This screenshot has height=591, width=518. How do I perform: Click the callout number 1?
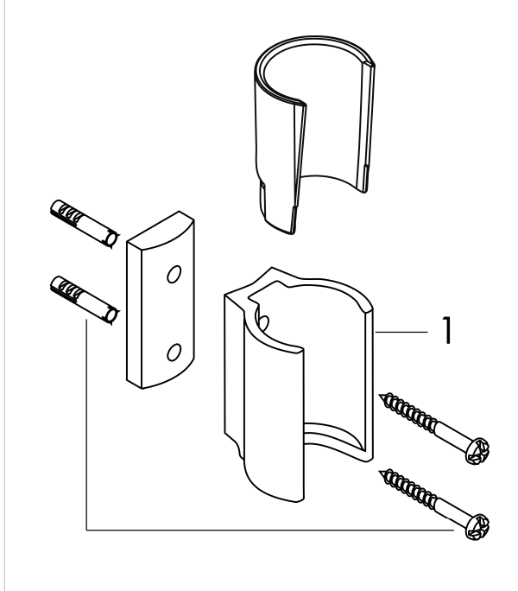[x=447, y=330]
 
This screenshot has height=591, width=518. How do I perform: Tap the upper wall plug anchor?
[x=85, y=224]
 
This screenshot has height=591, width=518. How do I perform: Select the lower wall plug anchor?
[x=85, y=300]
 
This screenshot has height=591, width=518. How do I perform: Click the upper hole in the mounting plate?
[x=174, y=274]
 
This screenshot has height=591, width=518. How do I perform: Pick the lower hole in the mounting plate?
[x=174, y=352]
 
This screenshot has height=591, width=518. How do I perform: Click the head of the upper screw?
[x=477, y=450]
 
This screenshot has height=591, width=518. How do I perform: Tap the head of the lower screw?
[x=477, y=526]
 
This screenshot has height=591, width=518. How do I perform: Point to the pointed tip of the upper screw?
[x=380, y=396]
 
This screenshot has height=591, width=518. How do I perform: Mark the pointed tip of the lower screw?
[x=380, y=471]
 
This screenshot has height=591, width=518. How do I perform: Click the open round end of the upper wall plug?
[x=111, y=239]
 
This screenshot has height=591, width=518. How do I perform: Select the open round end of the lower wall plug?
[x=111, y=315]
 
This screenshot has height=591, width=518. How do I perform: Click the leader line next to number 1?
[x=401, y=332]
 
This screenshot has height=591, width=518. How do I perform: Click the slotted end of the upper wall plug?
[x=65, y=213]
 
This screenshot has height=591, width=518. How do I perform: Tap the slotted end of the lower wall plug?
[x=65, y=289]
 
